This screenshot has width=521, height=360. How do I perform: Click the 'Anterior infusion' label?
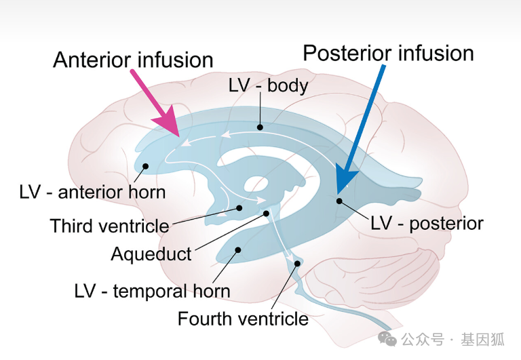pyautogui.click(x=133, y=60)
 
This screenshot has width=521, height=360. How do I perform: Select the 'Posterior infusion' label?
pyautogui.click(x=388, y=53)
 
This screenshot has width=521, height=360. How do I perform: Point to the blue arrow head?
pyautogui.click(x=345, y=182)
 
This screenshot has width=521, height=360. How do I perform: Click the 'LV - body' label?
pyautogui.click(x=268, y=86)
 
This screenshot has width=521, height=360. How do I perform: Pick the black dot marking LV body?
pyautogui.click(x=259, y=126)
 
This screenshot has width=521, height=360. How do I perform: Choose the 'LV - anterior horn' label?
pyautogui.click(x=92, y=192)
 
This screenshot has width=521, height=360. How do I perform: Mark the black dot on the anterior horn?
pyautogui.click(x=145, y=166)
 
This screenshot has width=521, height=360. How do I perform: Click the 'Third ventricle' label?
pyautogui.click(x=109, y=225)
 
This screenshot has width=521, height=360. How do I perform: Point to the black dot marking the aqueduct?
pyautogui.click(x=267, y=214)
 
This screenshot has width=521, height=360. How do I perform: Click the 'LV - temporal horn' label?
pyautogui.click(x=152, y=292)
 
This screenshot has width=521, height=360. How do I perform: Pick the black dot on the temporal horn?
pyautogui.click(x=238, y=249)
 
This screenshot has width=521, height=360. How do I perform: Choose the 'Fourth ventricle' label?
pyautogui.click(x=243, y=318)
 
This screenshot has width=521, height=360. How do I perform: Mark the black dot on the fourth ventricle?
pyautogui.click(x=297, y=263)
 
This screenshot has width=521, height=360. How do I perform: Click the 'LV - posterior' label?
pyautogui.click(x=427, y=223)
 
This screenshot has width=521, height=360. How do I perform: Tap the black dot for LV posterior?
pyautogui.click(x=339, y=201)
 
